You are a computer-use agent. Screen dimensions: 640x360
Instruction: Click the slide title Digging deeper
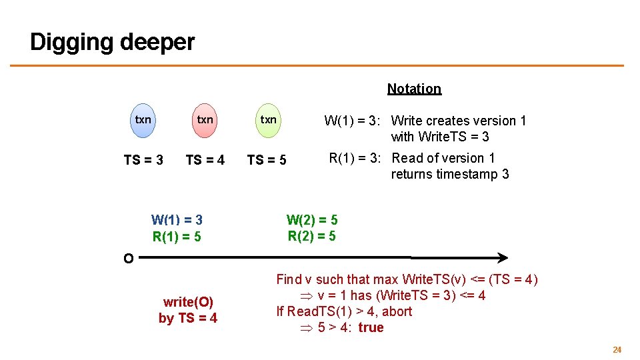tap(112, 42)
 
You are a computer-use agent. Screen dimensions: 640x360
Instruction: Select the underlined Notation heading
tap(414, 89)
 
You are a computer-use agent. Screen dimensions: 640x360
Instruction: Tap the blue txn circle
tap(143, 120)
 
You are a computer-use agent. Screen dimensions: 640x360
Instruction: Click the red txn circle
tap(205, 120)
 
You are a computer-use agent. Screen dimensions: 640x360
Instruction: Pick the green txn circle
tap(268, 120)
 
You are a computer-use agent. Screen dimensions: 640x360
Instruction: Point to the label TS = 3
tap(143, 160)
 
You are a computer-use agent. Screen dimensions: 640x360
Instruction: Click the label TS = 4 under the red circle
tap(205, 160)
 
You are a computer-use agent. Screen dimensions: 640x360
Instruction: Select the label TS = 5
tap(267, 160)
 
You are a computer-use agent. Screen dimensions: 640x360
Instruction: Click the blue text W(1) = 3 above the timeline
tap(177, 220)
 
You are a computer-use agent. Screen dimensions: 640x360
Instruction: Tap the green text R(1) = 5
tap(177, 237)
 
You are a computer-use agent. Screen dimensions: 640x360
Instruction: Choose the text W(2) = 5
tap(312, 219)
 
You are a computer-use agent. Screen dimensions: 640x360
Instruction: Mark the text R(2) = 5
tap(312, 236)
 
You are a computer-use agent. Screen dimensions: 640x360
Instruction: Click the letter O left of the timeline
tap(128, 259)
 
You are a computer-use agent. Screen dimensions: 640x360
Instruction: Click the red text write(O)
tap(188, 302)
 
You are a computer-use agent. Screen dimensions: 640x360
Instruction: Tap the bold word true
tap(371, 327)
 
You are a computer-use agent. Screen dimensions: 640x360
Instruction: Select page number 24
tap(617, 349)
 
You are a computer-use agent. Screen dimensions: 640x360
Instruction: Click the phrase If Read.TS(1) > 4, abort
tap(344, 311)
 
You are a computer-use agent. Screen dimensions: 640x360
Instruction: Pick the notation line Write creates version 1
tap(459, 121)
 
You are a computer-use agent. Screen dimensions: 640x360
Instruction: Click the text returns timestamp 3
tap(450, 174)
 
